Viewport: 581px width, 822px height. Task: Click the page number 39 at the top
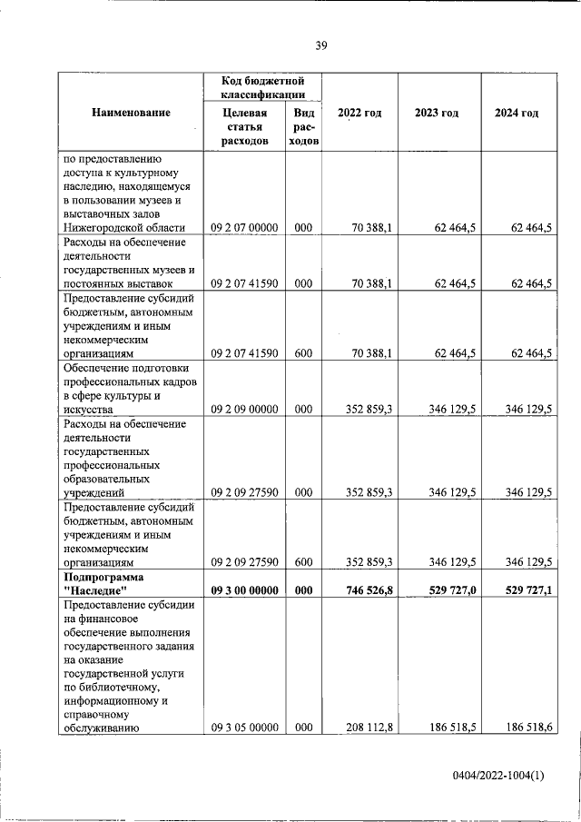(320, 45)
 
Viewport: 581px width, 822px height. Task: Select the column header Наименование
(131, 113)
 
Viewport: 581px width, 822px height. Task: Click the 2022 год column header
(359, 113)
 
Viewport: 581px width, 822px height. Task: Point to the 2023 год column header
(437, 113)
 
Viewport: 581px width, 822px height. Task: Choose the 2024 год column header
(517, 113)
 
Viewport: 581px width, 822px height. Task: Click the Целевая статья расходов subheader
(244, 127)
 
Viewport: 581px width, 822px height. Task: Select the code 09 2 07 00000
(245, 228)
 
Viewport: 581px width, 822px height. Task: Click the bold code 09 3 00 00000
(245, 590)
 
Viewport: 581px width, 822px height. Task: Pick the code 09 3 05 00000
(245, 728)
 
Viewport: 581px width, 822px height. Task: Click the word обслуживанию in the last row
(101, 728)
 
